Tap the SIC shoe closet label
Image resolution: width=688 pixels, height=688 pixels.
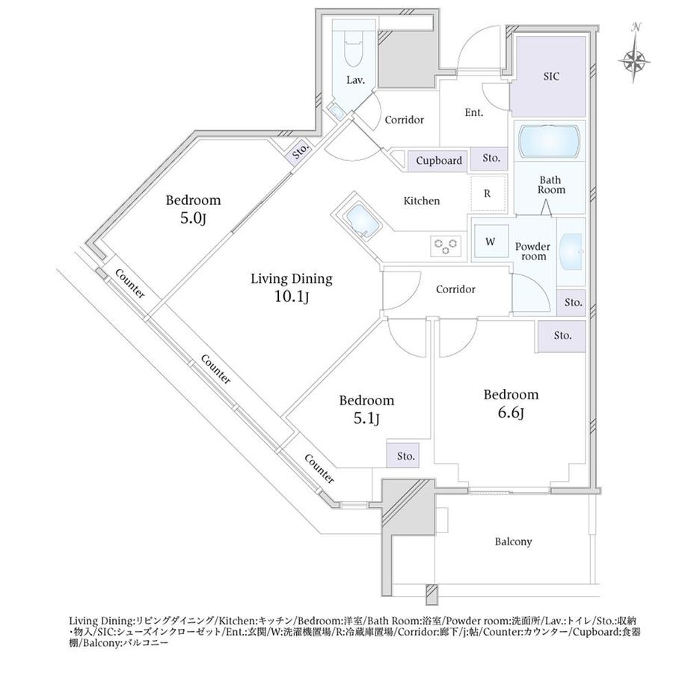[551, 76]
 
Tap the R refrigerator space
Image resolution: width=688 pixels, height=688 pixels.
[488, 194]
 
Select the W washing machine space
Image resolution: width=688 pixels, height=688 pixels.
[491, 242]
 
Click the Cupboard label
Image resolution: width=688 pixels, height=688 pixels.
[439, 161]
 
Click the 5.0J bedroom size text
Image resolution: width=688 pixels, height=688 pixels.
[193, 218]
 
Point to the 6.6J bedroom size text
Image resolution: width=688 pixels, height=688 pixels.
[512, 413]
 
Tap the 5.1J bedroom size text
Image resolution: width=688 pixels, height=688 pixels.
[366, 419]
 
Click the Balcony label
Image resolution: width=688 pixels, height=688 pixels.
[513, 542]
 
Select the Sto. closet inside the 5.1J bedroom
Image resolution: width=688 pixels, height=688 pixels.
[403, 455]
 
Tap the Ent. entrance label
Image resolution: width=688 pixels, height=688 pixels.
[474, 113]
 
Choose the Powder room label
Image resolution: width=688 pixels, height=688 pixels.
[533, 251]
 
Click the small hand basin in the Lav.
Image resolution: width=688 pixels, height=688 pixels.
[337, 113]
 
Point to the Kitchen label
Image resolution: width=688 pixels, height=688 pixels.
[422, 201]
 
